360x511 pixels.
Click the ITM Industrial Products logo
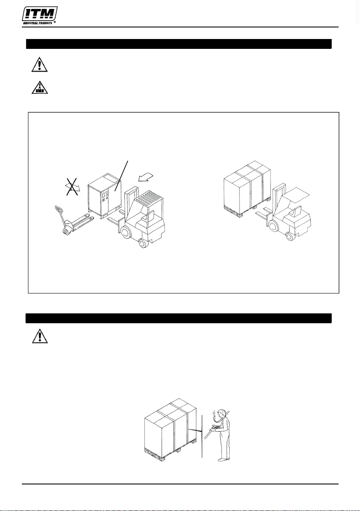pyautogui.click(x=39, y=15)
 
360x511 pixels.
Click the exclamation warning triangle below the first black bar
pyautogui.click(x=39, y=64)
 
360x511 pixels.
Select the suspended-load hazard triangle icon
pyautogui.click(x=40, y=87)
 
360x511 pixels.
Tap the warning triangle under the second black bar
pyautogui.click(x=40, y=336)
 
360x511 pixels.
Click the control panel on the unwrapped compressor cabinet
pyautogui.click(x=105, y=199)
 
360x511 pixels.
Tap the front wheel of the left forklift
pyautogui.click(x=126, y=232)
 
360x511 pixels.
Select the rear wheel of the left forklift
pyautogui.click(x=142, y=243)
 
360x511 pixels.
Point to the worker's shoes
pyautogui.click(x=223, y=459)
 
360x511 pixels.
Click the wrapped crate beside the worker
pyautogui.click(x=171, y=429)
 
